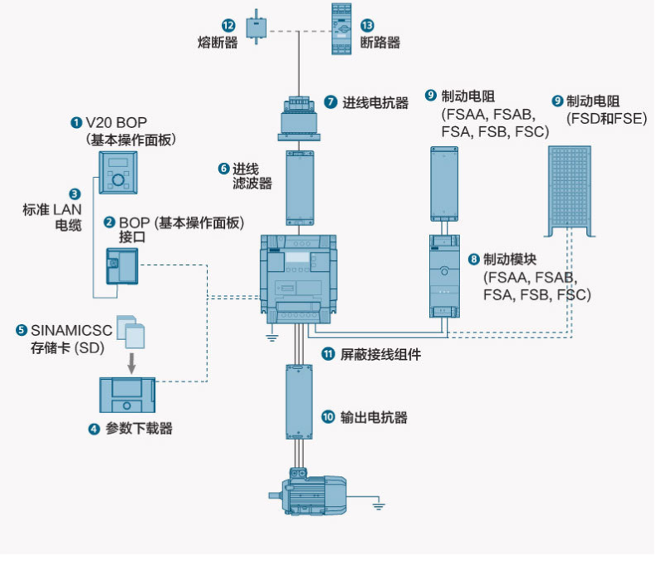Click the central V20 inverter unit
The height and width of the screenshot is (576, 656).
coord(300,279)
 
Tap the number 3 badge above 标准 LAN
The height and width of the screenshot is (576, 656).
coord(75,193)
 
